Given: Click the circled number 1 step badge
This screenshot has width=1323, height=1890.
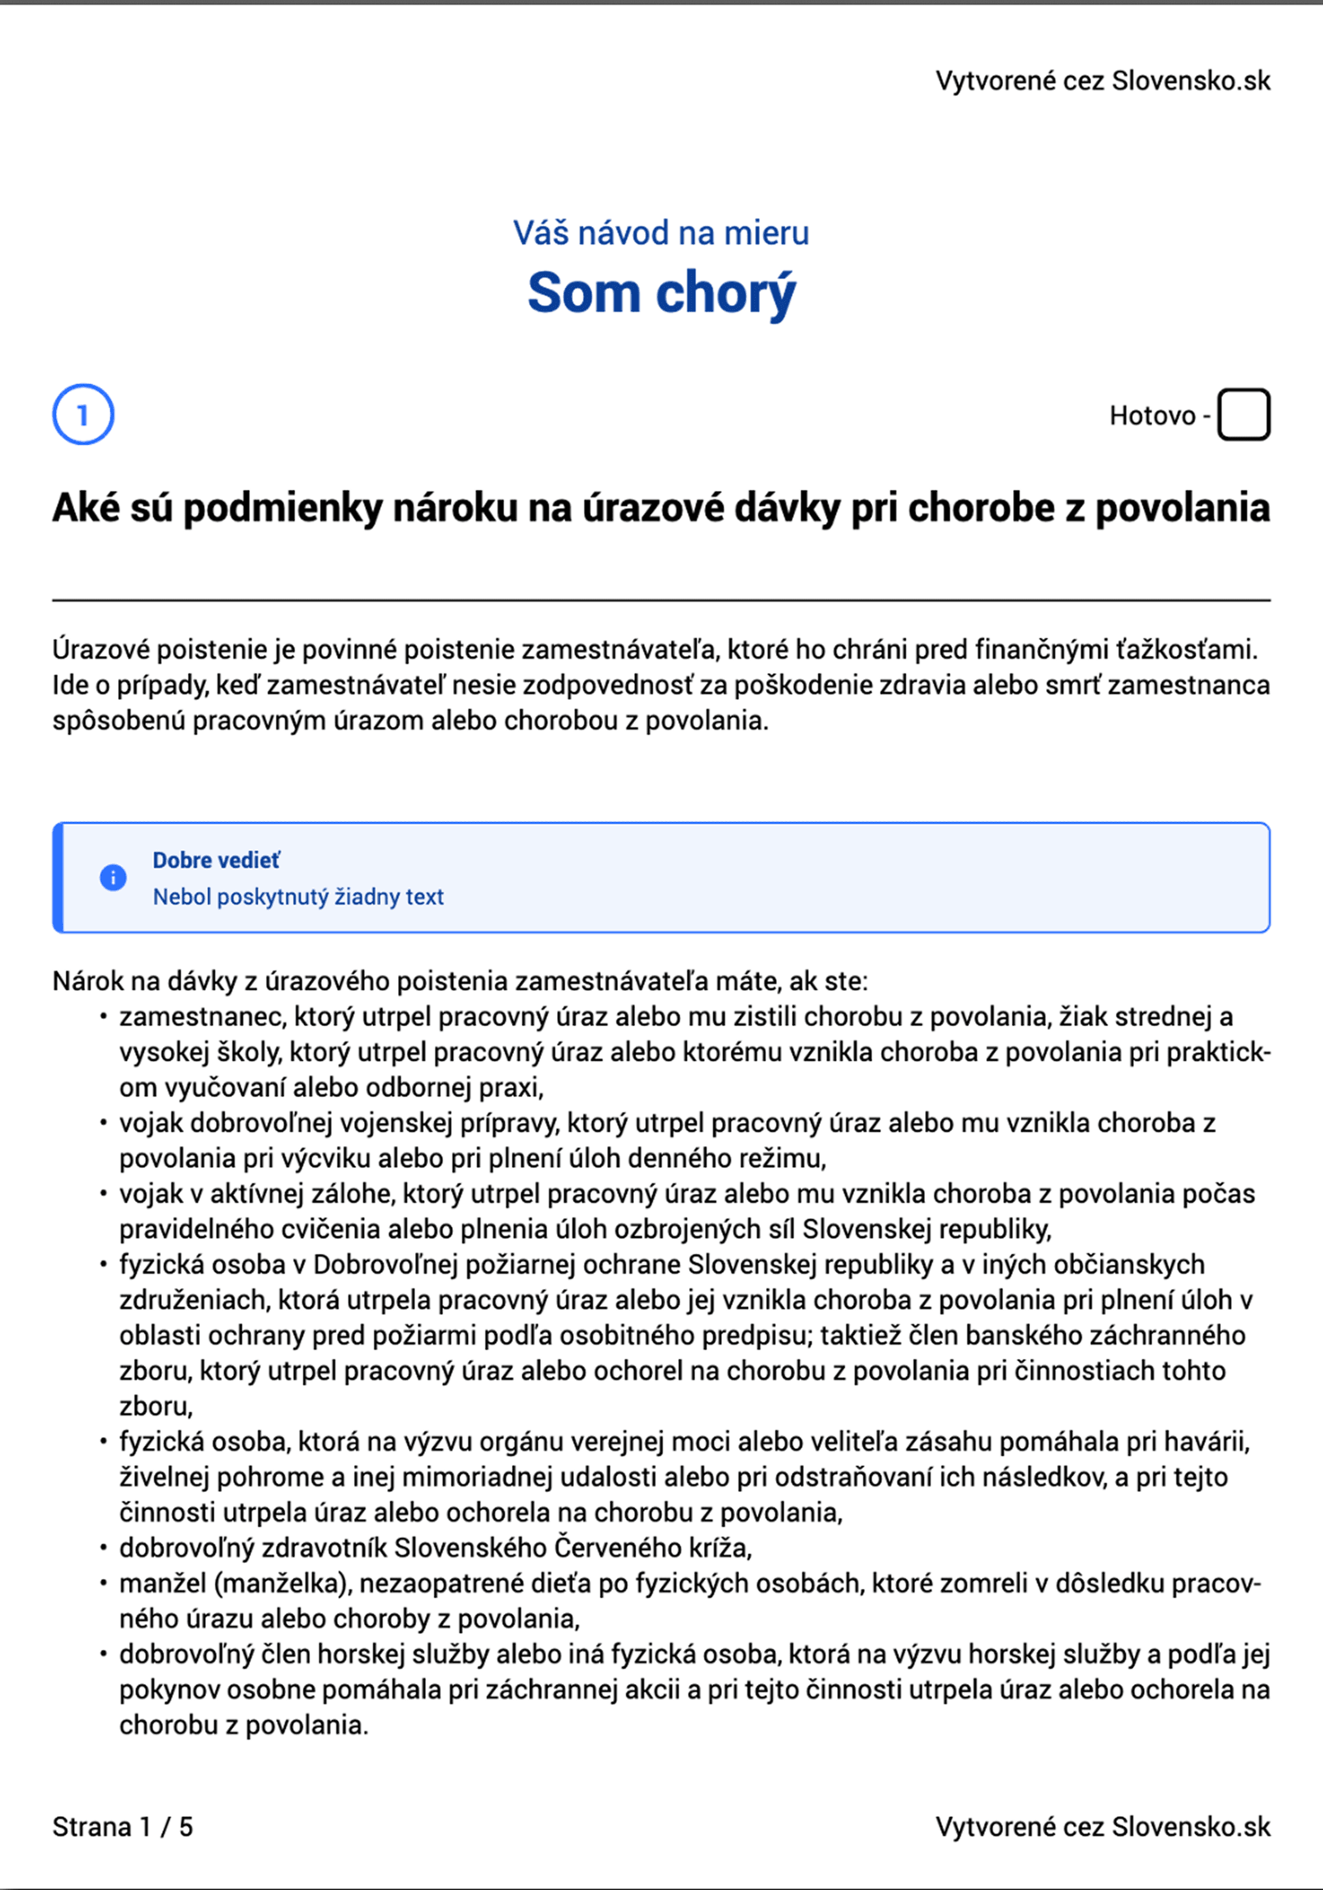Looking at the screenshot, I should [83, 415].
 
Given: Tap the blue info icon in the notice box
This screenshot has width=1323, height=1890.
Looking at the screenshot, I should [112, 878].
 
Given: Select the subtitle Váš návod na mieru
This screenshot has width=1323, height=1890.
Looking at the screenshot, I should [661, 233].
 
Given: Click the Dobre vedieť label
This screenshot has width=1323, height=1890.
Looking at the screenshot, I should [216, 860].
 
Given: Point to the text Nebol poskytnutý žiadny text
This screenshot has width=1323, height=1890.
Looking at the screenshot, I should [298, 897].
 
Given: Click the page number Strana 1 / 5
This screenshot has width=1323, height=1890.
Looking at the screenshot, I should [123, 1826].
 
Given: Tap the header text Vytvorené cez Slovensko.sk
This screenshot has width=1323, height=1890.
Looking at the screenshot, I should [1102, 81].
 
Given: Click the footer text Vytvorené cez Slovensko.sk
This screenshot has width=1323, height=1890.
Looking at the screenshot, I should [1102, 1826].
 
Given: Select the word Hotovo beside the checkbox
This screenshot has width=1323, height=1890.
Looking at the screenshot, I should [1152, 416].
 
